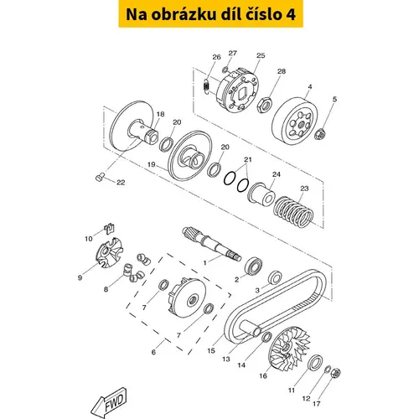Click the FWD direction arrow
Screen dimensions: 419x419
(109, 403)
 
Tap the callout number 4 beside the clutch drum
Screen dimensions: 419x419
(310, 87)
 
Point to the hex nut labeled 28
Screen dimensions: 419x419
(265, 105)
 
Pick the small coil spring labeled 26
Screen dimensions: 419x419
(206, 85)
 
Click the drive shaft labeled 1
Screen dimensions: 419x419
(211, 244)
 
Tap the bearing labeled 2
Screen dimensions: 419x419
(254, 266)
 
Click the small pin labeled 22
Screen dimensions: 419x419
(100, 177)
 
